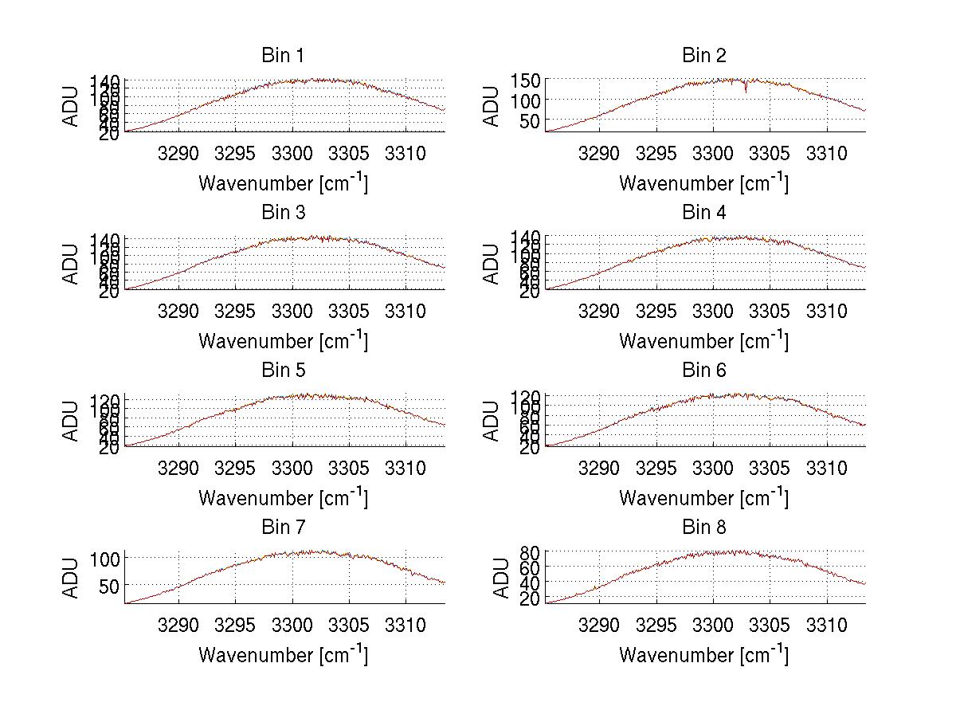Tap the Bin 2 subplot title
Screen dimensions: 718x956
(x=703, y=56)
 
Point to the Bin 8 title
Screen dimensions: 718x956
(x=703, y=528)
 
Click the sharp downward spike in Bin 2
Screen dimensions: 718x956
(x=746, y=89)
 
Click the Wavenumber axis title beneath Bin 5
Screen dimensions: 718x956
(x=283, y=498)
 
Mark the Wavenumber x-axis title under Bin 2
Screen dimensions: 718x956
(x=703, y=183)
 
